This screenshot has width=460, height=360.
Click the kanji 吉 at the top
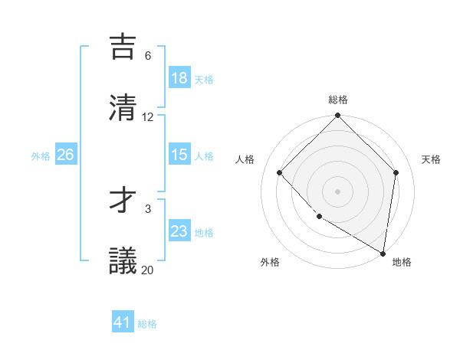click(124, 46)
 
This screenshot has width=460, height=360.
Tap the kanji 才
click(124, 200)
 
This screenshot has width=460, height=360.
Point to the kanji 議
click(124, 260)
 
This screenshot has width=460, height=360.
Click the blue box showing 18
click(179, 78)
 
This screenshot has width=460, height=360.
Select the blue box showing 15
click(179, 155)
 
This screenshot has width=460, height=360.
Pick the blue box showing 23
click(179, 231)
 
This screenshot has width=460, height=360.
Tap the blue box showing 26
click(65, 155)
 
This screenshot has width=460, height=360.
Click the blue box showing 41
click(123, 322)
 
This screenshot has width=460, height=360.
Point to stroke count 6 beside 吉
click(148, 56)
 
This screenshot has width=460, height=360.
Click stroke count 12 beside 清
click(148, 117)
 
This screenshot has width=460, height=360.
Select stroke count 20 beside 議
click(148, 270)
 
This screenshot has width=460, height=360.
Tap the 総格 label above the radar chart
click(338, 100)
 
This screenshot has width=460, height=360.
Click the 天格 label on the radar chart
click(431, 159)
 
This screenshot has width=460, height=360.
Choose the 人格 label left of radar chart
click(245, 159)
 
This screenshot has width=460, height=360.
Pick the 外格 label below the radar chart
click(270, 262)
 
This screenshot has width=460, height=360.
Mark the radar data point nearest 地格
click(383, 253)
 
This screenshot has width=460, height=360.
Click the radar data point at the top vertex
click(338, 116)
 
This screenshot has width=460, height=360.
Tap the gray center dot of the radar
click(338, 191)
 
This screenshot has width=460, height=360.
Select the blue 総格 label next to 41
click(147, 324)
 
